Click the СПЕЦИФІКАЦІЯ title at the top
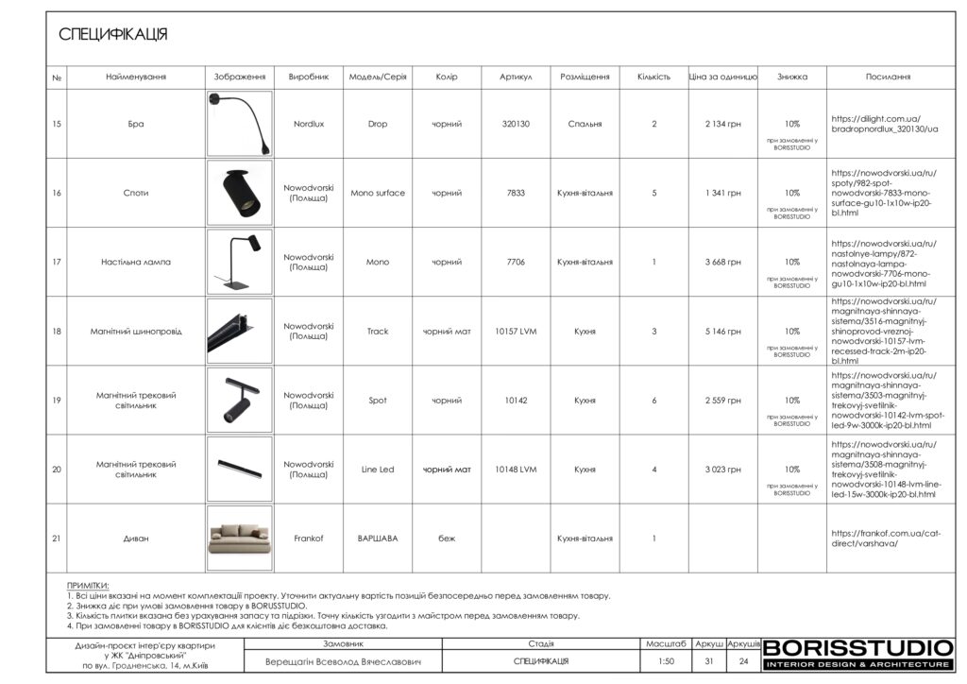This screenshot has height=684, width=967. [x=113, y=35]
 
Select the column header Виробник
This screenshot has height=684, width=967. [x=308, y=77]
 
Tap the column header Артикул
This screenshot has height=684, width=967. [x=516, y=77]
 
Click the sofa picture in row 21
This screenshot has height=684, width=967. [x=239, y=539]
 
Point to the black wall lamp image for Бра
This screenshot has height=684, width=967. [x=239, y=124]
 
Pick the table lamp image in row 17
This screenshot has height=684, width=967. [x=239, y=262]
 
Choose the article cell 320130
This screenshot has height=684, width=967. [x=516, y=124]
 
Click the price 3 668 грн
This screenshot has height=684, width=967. [x=722, y=262]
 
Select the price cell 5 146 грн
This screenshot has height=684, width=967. [x=722, y=332]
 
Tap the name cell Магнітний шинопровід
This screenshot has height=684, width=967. [x=136, y=332]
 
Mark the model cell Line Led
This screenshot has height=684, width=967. [x=377, y=470]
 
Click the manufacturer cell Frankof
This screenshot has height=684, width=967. [x=308, y=539]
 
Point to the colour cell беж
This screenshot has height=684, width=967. [x=446, y=539]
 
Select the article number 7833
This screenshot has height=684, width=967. [x=516, y=193]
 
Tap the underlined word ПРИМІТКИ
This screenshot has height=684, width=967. [x=88, y=586]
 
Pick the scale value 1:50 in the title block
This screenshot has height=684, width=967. [x=667, y=661]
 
